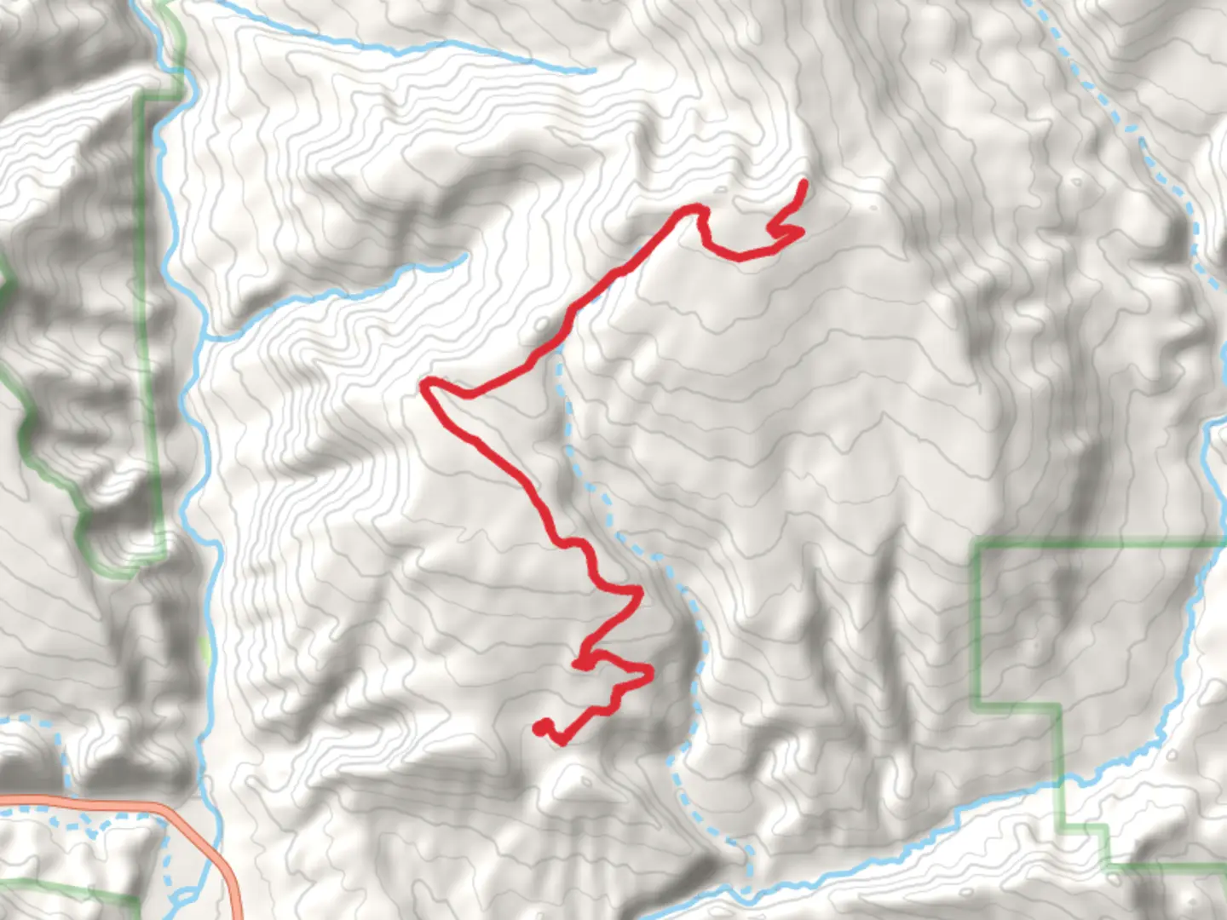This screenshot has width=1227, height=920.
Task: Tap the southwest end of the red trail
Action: (539, 727)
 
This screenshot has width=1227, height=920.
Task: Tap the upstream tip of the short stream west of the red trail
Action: (464, 255)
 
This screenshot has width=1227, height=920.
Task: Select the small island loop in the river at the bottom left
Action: (183, 899)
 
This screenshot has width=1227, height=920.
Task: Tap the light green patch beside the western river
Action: (204, 650)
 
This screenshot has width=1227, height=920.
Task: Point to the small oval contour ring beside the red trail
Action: (543, 325)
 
